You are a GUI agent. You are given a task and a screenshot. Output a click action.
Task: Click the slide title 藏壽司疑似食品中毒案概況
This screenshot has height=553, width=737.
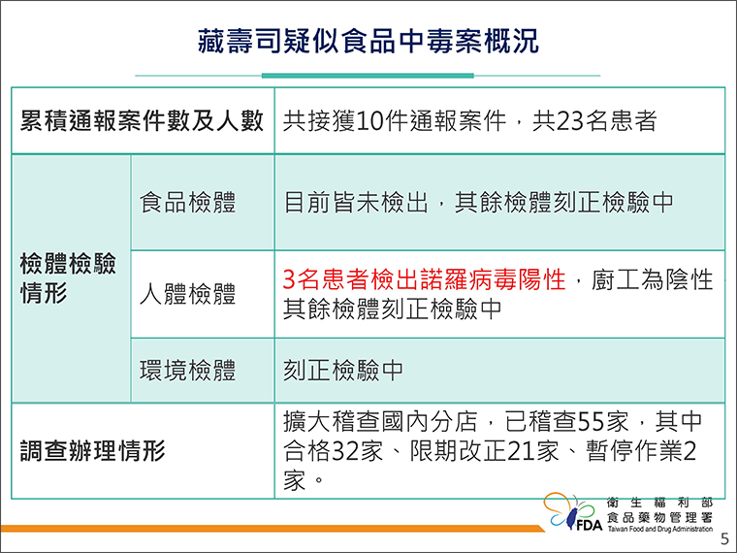[368, 42]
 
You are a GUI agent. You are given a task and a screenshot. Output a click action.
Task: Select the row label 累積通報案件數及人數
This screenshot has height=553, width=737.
[142, 121]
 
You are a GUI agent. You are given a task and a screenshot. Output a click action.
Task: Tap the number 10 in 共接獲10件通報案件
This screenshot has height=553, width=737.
[369, 121]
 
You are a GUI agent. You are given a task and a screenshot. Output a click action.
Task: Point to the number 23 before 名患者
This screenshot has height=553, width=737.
[570, 121]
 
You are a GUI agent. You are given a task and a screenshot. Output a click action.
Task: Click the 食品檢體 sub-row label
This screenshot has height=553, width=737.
[187, 202]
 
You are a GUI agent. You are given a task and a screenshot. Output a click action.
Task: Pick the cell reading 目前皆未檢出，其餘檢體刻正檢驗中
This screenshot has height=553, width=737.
[478, 202]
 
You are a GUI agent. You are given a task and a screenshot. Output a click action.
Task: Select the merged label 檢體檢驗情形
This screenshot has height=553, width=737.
[68, 277]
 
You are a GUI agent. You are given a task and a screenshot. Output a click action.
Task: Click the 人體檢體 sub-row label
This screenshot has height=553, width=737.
[187, 294]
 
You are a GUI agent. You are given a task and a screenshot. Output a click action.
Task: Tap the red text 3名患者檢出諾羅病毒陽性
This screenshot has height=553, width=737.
[424, 279]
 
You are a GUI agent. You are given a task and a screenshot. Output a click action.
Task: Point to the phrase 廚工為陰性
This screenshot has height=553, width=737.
[652, 279]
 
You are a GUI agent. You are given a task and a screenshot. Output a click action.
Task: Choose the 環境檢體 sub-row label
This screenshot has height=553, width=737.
[187, 370]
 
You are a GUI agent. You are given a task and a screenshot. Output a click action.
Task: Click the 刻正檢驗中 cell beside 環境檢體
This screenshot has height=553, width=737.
[343, 370]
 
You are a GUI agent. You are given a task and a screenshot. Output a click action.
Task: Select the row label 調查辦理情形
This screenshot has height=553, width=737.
[92, 451]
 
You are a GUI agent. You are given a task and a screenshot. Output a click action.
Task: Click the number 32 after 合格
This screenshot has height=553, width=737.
[345, 451]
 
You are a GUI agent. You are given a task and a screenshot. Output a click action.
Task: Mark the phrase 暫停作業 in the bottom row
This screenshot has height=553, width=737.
[633, 451]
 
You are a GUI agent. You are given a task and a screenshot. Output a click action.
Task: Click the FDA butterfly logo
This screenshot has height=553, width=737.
[572, 511]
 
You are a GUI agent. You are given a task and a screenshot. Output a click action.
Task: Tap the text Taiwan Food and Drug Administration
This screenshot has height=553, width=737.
[660, 529]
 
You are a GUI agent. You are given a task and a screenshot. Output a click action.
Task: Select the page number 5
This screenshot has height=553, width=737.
[724, 538]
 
